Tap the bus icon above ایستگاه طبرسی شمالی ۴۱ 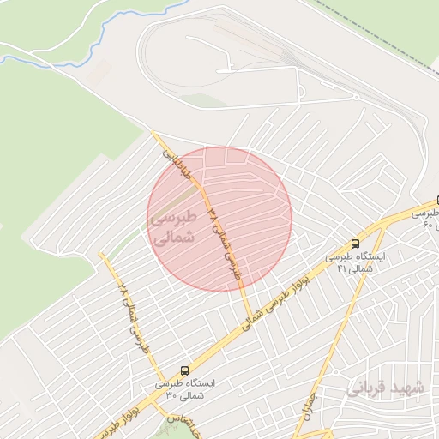point(356,244)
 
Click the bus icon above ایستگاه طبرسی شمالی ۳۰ point(184,371)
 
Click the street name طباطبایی point(179,163)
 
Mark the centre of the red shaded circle point(219,219)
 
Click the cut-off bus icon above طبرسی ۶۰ point(436,200)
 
